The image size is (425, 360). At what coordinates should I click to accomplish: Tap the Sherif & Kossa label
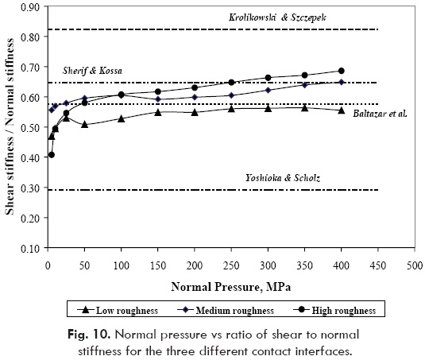[x=94, y=71]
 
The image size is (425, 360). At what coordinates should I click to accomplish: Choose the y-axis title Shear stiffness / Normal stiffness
[x=11, y=127]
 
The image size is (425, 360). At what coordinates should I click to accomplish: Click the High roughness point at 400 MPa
[x=342, y=71]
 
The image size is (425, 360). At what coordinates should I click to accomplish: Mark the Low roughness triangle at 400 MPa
[x=342, y=110]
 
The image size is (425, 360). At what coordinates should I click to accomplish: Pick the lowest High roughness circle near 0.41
[x=52, y=155]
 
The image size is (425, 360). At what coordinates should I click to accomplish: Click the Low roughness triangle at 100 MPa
[x=121, y=118]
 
